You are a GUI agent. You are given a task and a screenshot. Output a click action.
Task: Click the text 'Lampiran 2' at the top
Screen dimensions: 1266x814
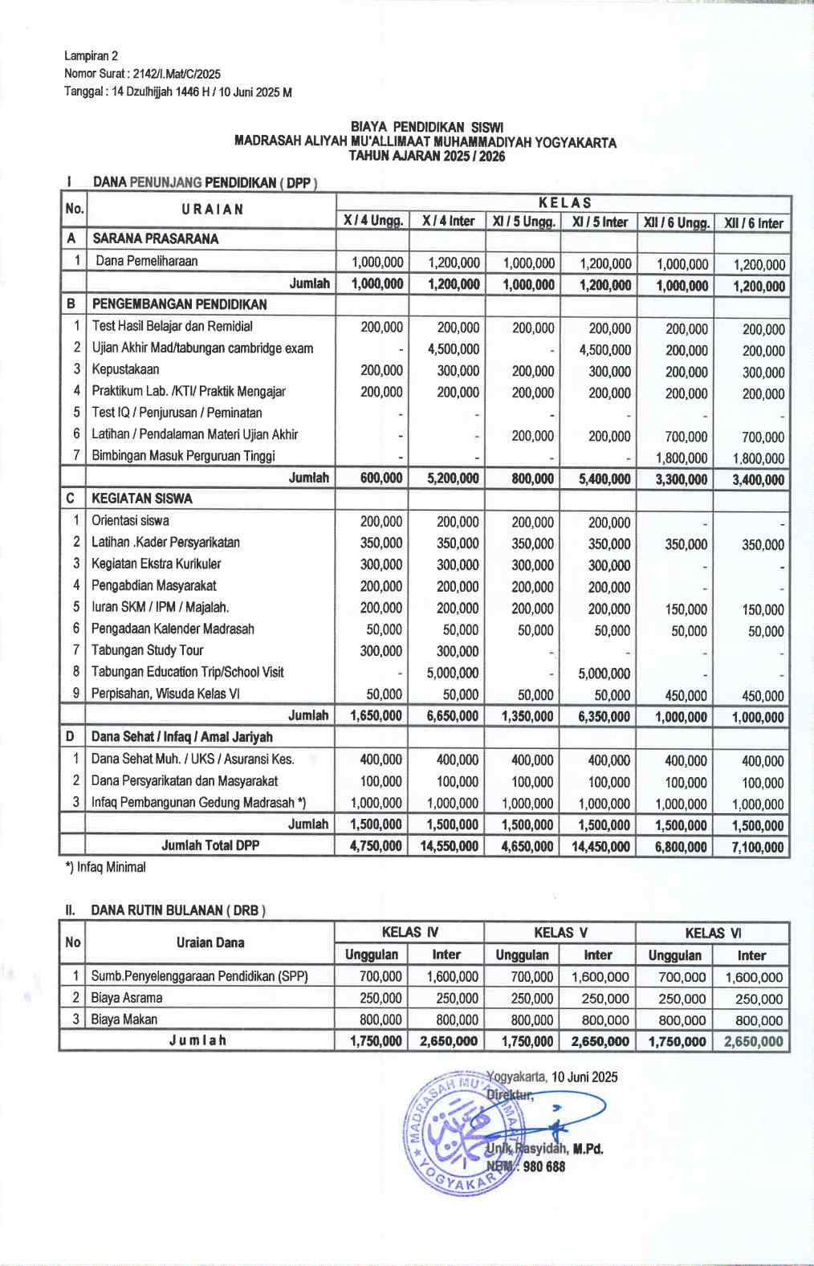tap(91, 56)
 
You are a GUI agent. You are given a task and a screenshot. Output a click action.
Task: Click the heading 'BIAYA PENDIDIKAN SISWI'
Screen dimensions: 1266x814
tap(426, 127)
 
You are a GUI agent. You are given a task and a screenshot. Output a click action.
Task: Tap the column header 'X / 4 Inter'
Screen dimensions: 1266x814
tap(448, 222)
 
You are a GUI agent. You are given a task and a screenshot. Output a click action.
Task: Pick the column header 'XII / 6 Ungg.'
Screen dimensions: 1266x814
tap(676, 223)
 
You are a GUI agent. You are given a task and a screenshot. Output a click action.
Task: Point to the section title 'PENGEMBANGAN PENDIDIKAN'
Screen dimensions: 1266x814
tap(179, 304)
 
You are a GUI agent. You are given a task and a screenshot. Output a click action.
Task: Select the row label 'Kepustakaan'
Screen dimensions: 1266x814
tap(125, 370)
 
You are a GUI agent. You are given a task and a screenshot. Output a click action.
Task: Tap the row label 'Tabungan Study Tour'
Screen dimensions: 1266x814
tap(147, 650)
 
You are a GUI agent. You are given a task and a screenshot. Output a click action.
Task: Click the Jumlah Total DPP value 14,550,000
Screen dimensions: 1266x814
tap(449, 846)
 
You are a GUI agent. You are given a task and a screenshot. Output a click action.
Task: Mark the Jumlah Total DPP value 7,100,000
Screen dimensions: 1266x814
tap(757, 848)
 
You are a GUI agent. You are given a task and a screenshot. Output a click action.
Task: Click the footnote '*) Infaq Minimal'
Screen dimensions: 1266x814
tap(105, 868)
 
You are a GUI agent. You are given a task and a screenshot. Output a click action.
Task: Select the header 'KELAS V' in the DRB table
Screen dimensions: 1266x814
tap(560, 933)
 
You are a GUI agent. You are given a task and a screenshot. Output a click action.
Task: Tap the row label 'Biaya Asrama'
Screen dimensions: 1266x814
tap(127, 999)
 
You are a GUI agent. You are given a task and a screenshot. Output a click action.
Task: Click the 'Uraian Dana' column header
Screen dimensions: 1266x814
tap(210, 943)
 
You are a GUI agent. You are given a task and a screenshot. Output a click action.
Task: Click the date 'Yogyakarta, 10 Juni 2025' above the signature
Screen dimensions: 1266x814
tap(552, 1077)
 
